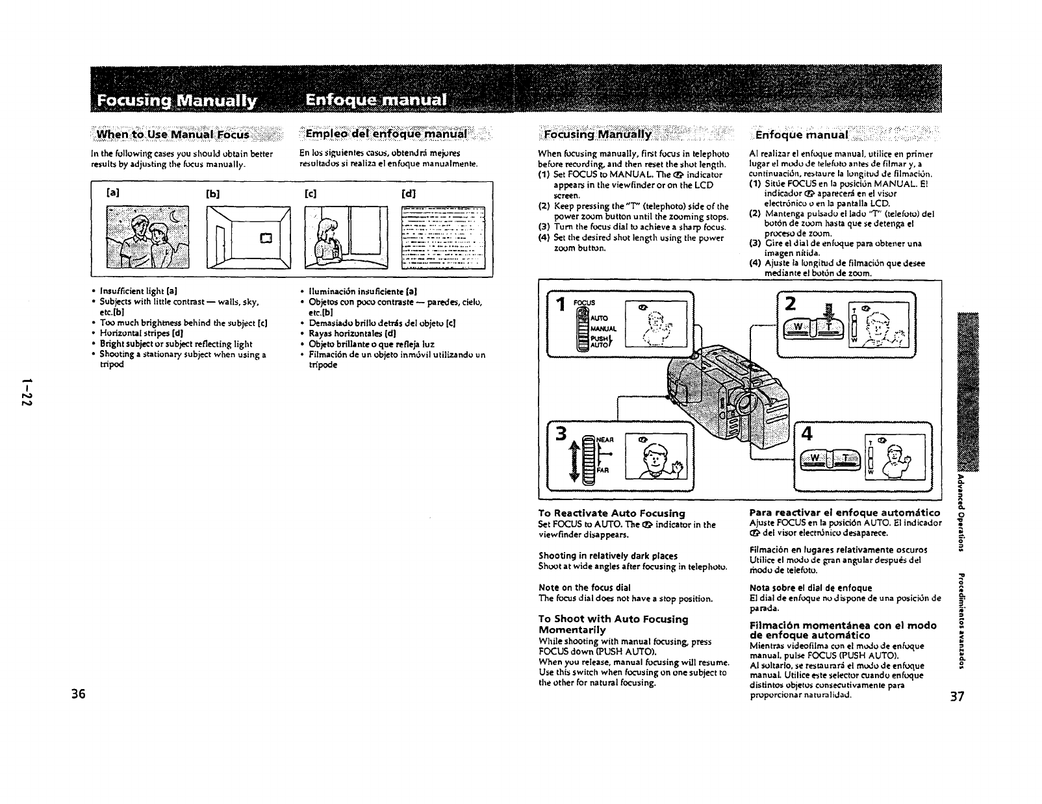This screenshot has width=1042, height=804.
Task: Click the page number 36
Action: coord(79,693)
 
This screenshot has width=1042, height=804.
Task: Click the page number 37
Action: coord(957,697)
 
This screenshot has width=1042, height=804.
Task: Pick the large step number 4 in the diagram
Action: coord(807,434)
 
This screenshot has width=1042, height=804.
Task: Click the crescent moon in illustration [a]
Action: coord(174,215)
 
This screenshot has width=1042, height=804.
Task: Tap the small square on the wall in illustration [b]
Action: coord(265,237)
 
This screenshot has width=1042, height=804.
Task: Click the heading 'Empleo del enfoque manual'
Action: coord(386,134)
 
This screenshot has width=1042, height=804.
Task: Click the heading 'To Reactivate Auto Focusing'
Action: coord(612,513)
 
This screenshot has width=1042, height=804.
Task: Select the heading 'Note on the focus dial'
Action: coord(580,587)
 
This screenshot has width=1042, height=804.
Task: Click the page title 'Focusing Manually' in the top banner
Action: coord(177,101)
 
